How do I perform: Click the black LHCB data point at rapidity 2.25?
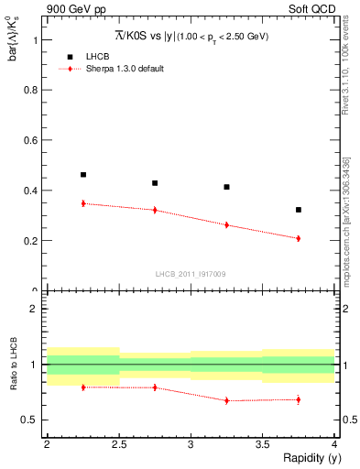[83, 174]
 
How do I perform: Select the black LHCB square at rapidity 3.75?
[299, 210]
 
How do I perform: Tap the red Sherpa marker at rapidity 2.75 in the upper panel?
[155, 210]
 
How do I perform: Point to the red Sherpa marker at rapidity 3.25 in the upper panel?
[227, 224]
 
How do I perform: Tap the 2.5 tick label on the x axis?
[119, 443]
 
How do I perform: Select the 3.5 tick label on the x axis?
[263, 443]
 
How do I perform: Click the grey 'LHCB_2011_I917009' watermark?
[190, 274]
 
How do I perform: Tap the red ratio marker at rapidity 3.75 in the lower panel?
[299, 399]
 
